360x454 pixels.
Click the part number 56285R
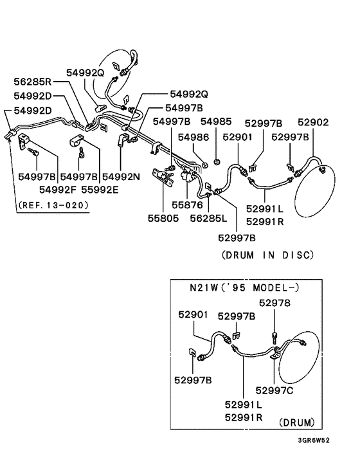click(33, 82)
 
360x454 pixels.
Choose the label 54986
click(194, 137)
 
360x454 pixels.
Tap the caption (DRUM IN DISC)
click(267, 255)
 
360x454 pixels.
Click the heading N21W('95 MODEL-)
click(243, 286)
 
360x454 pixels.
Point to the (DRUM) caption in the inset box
click(296, 422)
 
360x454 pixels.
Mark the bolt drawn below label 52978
click(275, 335)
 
